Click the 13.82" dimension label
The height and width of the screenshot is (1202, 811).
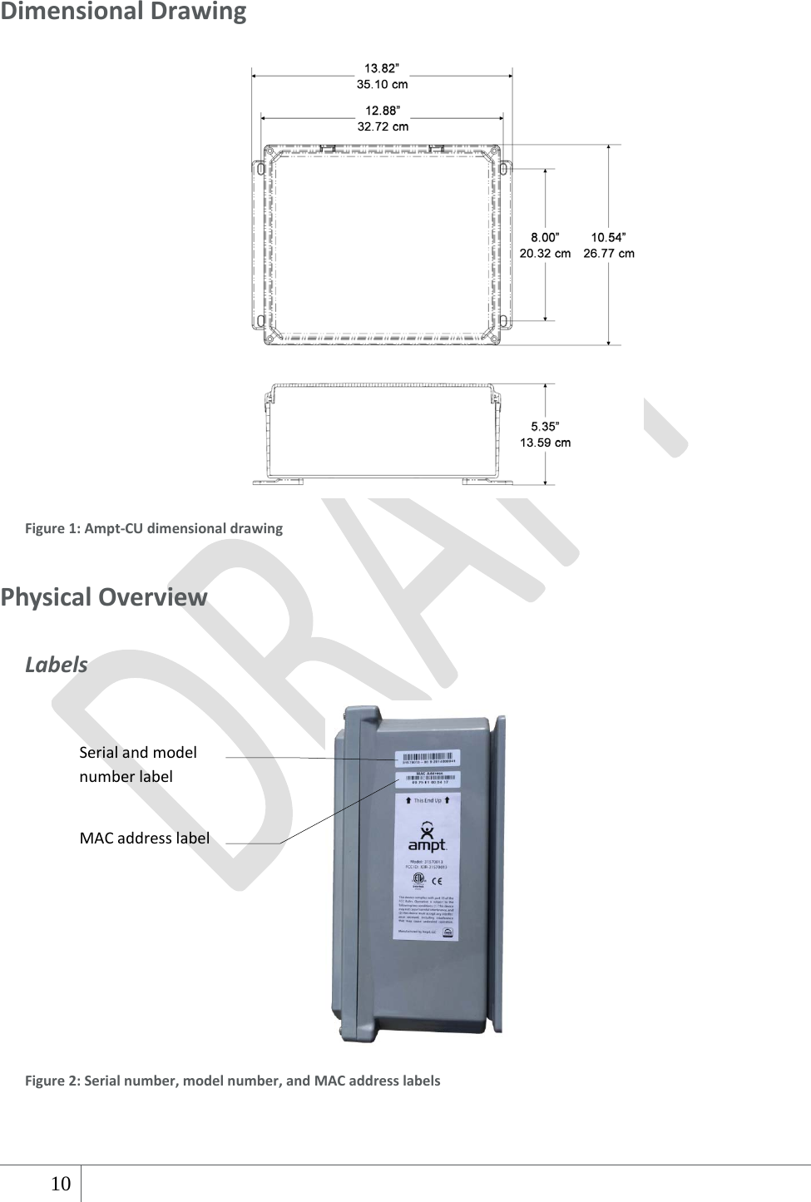[382, 68]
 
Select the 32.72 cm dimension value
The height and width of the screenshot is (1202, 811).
[383, 126]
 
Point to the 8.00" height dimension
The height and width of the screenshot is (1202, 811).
[545, 237]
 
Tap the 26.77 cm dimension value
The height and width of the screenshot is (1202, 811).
[608, 254]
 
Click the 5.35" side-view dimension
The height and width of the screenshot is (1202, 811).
[545, 426]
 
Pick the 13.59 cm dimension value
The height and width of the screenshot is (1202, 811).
[545, 443]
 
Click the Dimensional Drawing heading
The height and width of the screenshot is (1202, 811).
[123, 12]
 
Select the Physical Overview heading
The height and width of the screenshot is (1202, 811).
[104, 597]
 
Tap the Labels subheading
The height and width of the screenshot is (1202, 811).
[56, 665]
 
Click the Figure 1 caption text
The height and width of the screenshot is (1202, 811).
[154, 528]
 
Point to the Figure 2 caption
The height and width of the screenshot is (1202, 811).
[233, 1081]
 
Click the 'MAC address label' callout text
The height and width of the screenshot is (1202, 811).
[144, 838]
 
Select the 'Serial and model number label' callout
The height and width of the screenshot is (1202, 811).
[137, 764]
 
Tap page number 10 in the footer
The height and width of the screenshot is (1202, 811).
[61, 1184]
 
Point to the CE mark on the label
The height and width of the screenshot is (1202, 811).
[437, 881]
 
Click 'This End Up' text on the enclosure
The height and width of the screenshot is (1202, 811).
[428, 800]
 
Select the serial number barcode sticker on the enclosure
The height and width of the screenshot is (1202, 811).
[428, 759]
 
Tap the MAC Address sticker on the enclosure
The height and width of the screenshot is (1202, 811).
[428, 779]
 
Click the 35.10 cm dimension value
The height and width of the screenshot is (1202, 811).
[382, 84]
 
